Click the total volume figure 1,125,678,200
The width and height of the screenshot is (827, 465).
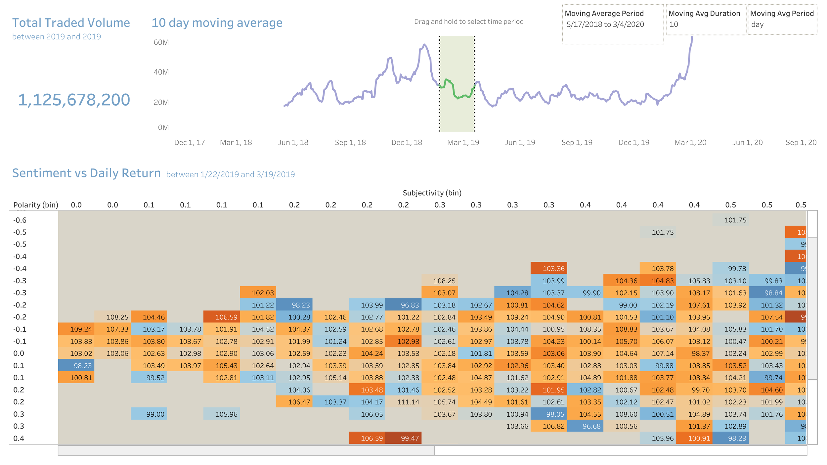(x=74, y=100)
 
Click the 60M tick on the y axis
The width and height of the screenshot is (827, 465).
(x=161, y=42)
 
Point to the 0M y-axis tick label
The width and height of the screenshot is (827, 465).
(x=163, y=127)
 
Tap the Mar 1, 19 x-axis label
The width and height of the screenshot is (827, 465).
(x=463, y=143)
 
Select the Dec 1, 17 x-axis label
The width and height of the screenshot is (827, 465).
(x=189, y=143)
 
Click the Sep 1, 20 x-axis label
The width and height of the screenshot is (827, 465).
(x=801, y=143)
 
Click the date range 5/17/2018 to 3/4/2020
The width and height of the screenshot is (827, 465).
(x=605, y=24)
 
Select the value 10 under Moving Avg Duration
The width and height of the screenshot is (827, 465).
(x=674, y=24)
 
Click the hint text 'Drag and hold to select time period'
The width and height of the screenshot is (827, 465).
(x=468, y=22)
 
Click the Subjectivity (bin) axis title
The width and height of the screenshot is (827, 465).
(x=432, y=193)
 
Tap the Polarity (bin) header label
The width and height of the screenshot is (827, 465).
(x=35, y=205)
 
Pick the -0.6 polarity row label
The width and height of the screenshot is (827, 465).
(x=20, y=220)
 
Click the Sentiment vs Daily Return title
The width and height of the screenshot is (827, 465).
(x=86, y=173)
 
